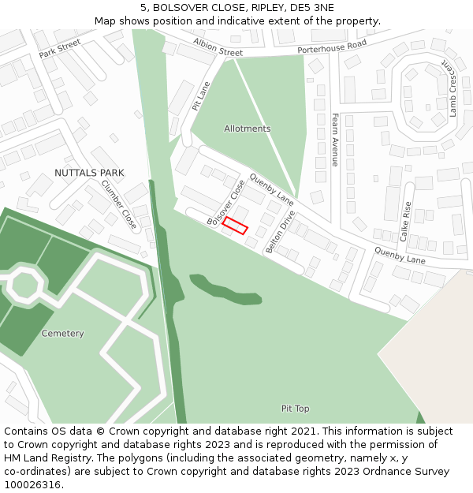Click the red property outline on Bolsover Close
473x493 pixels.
coord(235,226)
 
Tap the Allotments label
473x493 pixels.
coord(247,129)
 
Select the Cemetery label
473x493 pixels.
coord(62,334)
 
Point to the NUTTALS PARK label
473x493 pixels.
coord(89,173)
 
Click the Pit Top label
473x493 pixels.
coord(296,409)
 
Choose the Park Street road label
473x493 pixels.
coord(60,49)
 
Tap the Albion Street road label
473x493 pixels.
coord(218,47)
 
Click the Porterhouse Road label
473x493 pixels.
coord(332,47)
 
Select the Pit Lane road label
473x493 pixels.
coord(202,95)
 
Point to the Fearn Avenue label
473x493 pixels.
coord(334,140)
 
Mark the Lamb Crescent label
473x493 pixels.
coord(453,88)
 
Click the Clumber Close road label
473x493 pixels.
coord(119,204)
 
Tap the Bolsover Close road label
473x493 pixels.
coord(226,203)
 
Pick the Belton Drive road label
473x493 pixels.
coord(280,232)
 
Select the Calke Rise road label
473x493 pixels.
coord(405,221)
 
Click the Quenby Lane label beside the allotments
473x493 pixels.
coord(271,185)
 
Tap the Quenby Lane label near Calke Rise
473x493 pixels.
coord(399,255)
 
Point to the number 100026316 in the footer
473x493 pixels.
coord(32,484)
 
